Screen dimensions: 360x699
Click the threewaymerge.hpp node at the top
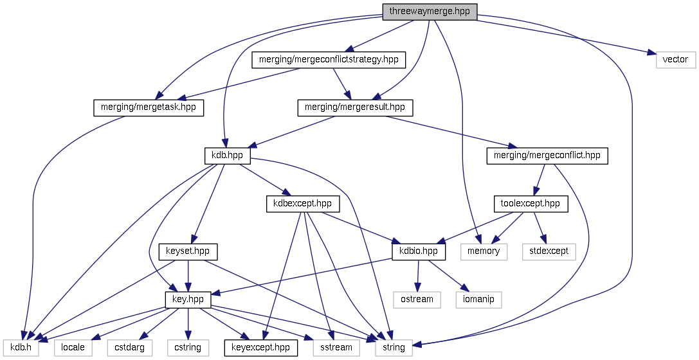(x=430, y=12)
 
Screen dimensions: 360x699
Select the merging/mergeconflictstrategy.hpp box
(x=329, y=60)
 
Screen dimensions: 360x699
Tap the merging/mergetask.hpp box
(x=149, y=107)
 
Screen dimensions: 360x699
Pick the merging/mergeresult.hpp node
(x=355, y=107)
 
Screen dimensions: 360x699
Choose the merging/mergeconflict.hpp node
(x=547, y=156)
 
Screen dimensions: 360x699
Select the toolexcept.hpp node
(x=531, y=204)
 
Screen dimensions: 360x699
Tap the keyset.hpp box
(x=188, y=251)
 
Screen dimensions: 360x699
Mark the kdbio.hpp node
(x=419, y=251)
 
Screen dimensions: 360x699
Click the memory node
(x=484, y=251)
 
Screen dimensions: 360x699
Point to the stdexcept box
(x=549, y=251)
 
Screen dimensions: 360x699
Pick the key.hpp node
(x=188, y=299)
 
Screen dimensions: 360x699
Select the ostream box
(x=417, y=299)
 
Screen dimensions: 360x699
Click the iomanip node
(x=478, y=299)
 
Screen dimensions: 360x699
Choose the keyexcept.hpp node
(x=260, y=347)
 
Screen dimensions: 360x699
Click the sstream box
(x=336, y=347)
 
